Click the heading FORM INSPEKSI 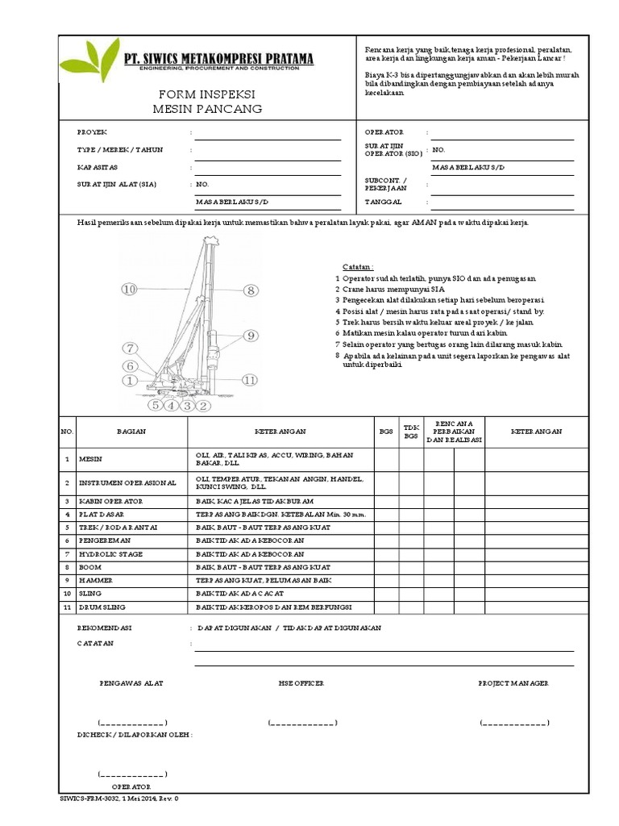point(208,93)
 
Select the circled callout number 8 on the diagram point(251,290)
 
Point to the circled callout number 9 point(250,335)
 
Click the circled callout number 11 point(250,379)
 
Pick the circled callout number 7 point(130,348)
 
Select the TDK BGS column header point(412,432)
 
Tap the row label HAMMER point(96,580)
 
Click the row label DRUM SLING point(102,606)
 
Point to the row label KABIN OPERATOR point(110,501)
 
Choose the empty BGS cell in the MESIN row point(386,460)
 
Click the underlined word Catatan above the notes point(351,266)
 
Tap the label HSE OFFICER point(301,683)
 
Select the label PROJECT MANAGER point(513,683)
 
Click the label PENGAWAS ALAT point(131,683)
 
